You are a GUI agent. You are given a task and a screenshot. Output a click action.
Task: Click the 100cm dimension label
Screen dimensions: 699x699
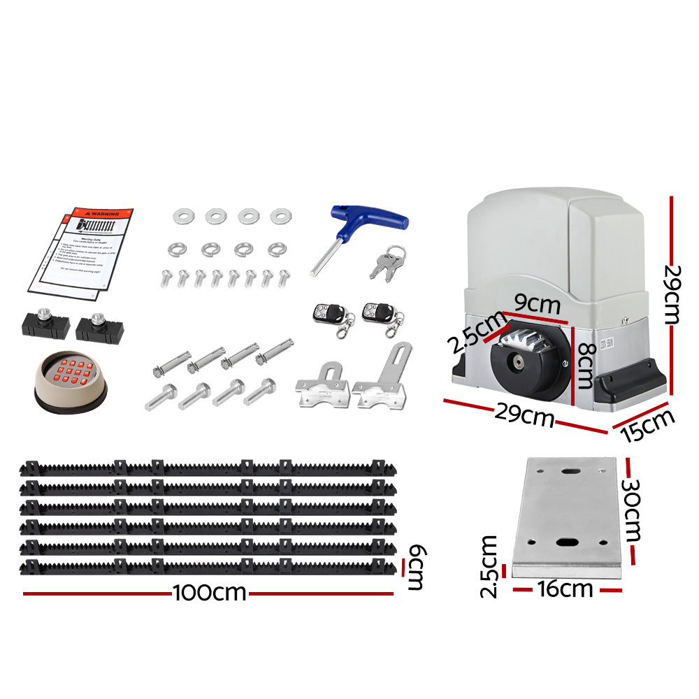pos(210,593)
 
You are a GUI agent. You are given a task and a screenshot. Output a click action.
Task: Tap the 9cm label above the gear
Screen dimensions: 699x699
pos(538,305)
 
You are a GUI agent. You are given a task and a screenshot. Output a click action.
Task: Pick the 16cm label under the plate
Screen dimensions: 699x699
pos(565,589)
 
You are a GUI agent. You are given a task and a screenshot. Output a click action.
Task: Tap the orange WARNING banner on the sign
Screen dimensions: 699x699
pos(101,214)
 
